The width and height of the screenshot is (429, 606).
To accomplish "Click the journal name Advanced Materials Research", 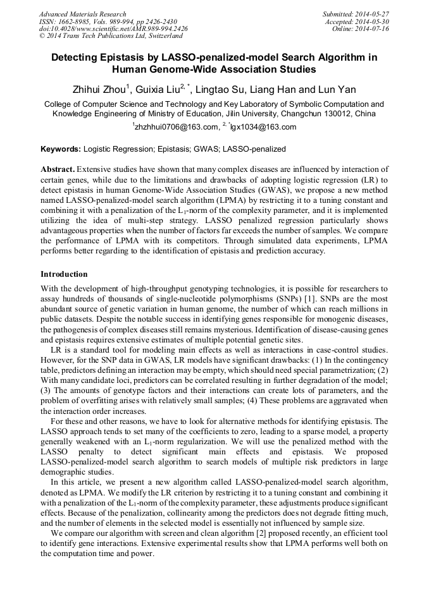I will point(82,14).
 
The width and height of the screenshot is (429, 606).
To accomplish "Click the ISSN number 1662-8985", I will point(78,21).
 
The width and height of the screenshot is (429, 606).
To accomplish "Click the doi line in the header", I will point(113,29).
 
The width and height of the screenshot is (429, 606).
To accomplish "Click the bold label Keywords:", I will point(61,149).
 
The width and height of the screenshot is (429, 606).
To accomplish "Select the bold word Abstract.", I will point(58,170).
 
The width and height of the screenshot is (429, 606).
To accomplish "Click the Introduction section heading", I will point(64,274).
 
